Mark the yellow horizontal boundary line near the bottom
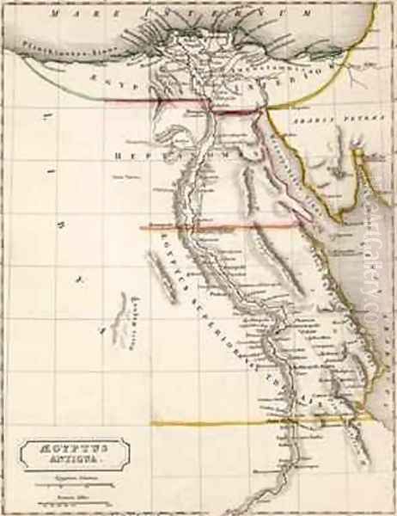coord(258,422)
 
